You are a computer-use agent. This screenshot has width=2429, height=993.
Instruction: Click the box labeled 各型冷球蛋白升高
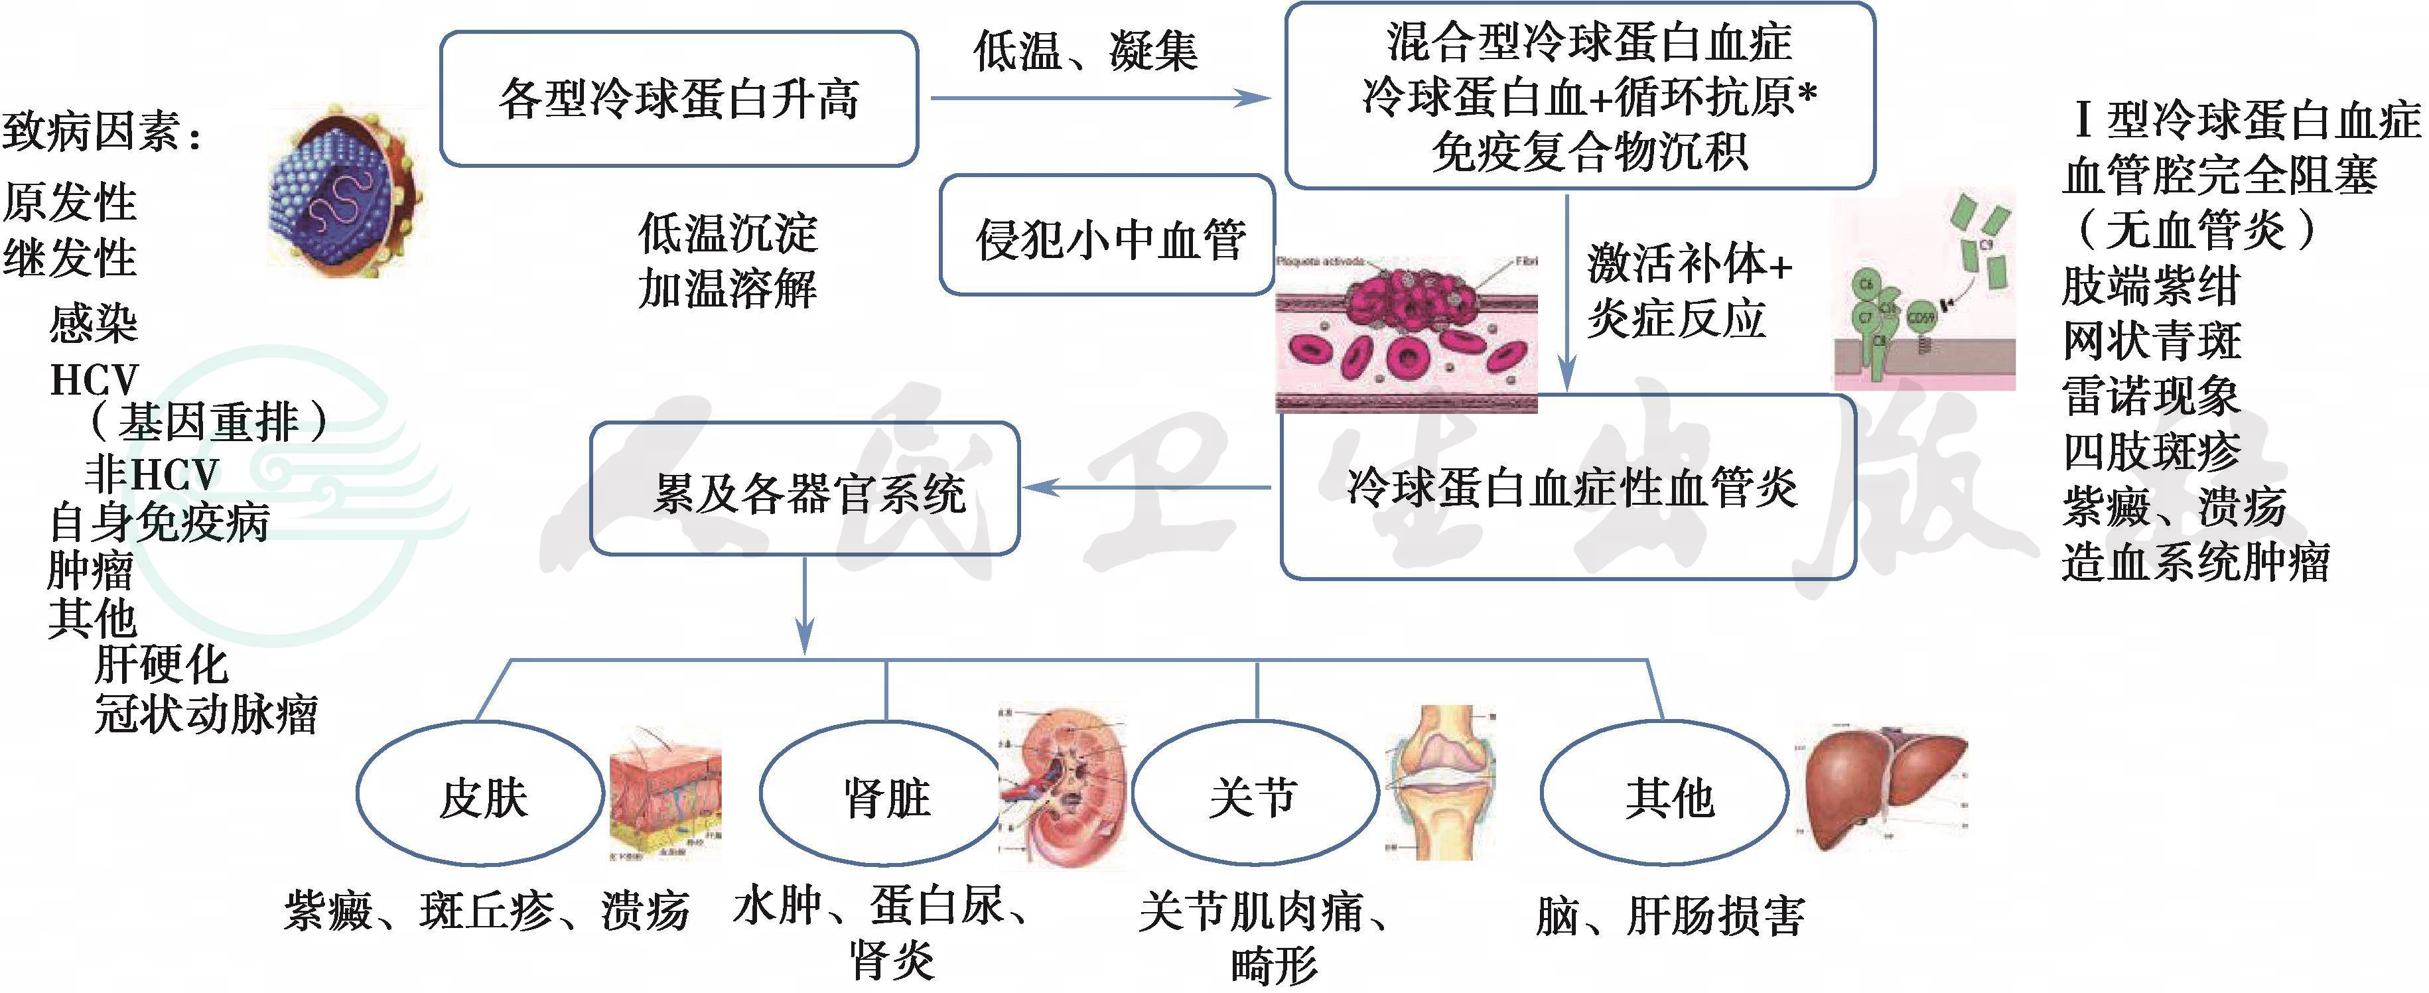tap(679, 99)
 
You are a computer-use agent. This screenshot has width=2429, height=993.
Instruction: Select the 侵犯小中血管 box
tap(1108, 235)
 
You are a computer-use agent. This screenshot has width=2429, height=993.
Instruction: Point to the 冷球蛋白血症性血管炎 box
tap(1568, 488)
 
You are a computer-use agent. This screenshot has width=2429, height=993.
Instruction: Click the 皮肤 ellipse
tap(481, 795)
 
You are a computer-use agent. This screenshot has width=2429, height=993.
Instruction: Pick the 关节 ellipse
tap(1253, 795)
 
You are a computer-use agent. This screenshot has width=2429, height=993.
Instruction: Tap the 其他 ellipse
tap(1664, 795)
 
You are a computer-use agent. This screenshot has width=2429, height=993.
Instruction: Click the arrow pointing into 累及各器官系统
tap(1148, 488)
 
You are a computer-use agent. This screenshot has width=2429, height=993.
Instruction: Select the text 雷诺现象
tap(2150, 395)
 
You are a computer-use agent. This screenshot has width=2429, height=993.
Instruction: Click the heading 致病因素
tap(102, 132)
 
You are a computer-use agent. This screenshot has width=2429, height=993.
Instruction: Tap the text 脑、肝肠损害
tap(1670, 915)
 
